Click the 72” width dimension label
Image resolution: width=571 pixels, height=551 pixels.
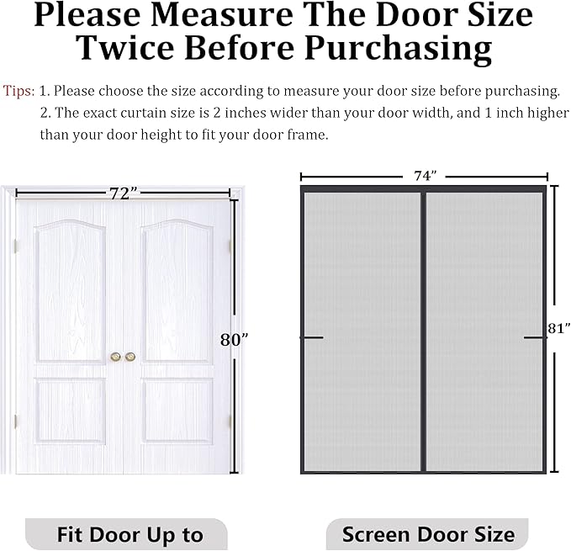pos(124,193)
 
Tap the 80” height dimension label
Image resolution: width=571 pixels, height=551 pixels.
pos(234,340)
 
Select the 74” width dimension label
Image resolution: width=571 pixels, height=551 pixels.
pos(425,176)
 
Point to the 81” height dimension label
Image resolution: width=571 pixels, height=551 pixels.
pos(559,328)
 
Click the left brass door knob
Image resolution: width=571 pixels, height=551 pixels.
pos(116,357)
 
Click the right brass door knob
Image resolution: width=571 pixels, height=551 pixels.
pos(130,357)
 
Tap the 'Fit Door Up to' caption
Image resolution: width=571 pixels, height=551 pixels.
pos(130,535)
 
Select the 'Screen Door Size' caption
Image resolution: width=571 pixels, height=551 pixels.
pos(428,534)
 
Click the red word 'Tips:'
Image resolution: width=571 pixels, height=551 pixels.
pos(19,91)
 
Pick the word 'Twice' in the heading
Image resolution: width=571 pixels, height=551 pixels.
pos(126,48)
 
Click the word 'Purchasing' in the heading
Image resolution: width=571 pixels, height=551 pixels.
pos(399,49)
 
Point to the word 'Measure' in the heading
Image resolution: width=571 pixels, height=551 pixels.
pos(222,14)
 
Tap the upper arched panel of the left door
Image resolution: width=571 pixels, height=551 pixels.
pos(71,291)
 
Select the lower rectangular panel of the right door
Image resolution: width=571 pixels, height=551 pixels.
pos(177,411)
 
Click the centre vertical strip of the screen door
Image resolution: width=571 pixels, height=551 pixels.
pos(423,331)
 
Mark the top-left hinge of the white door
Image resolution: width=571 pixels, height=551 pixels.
pos(15,246)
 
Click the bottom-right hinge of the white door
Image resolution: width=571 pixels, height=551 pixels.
pos(230,421)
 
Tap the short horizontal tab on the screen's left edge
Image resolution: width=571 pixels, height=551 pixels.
pos(312,337)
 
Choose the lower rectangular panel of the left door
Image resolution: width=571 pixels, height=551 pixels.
pos(71,411)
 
